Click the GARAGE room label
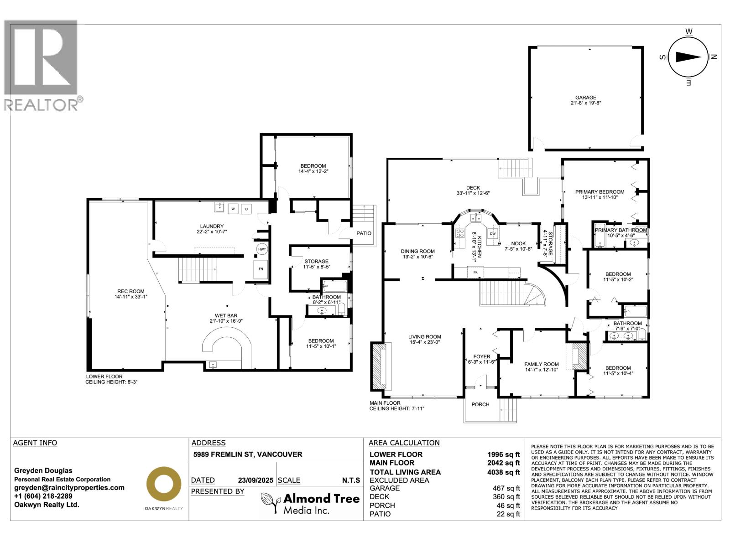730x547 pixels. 585,98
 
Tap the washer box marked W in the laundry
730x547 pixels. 233,209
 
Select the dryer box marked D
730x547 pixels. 246,209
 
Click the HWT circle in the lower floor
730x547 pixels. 262,249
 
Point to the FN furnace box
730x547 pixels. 261,269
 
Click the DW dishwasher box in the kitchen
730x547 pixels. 492,234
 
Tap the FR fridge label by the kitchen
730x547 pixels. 475,272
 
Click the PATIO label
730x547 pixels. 364,233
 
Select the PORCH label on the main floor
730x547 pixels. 480,404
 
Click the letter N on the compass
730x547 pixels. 714,57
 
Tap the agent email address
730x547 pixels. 69,487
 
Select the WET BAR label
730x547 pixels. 226,315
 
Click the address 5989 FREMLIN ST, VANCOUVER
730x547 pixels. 247,454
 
